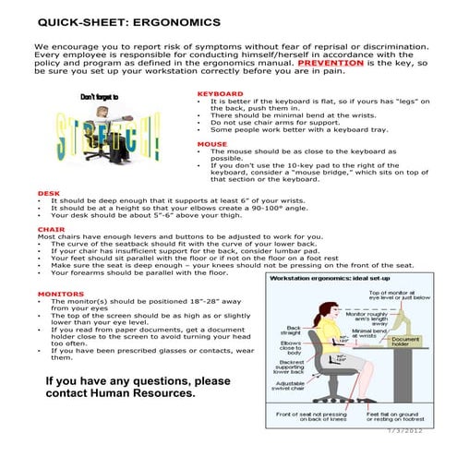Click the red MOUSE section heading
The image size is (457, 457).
pyautogui.click(x=211, y=144)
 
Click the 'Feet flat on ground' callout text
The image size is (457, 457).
pyautogui.click(x=407, y=420)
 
